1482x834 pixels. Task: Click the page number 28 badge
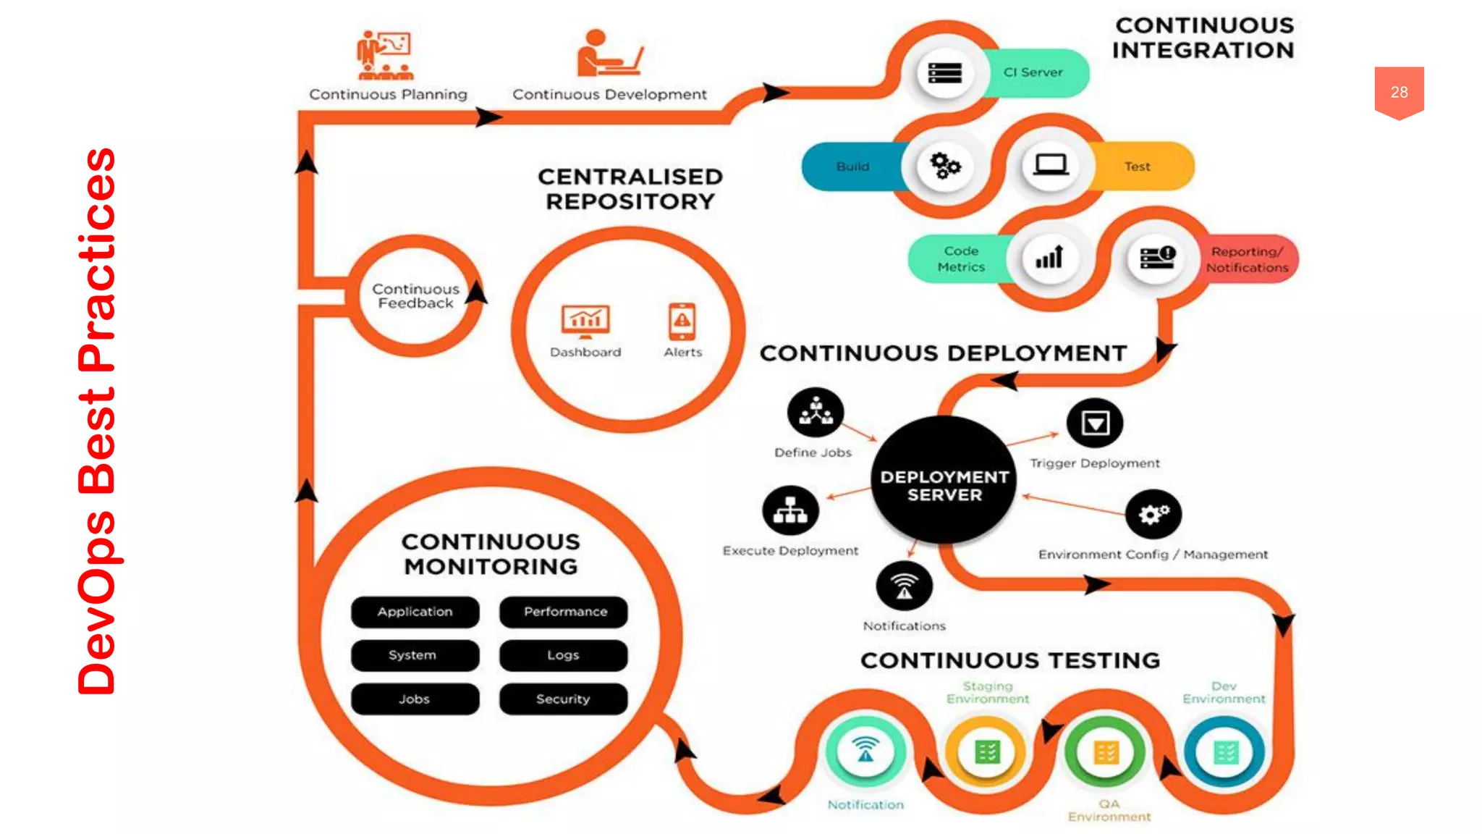point(1399,92)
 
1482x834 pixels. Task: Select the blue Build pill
point(852,167)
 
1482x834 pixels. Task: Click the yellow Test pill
point(1138,167)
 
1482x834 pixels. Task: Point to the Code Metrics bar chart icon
point(1049,258)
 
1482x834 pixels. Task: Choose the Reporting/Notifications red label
point(1248,259)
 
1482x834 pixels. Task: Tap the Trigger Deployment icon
point(1095,423)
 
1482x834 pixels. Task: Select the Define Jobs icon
point(816,413)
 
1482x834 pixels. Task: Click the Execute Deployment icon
point(790,510)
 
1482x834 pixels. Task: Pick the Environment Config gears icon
point(1153,514)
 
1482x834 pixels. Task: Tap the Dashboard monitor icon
point(585,321)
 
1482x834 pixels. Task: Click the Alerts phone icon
point(682,321)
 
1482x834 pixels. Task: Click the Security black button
point(564,699)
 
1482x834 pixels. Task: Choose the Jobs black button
point(415,699)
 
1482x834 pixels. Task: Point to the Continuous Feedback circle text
point(415,296)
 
